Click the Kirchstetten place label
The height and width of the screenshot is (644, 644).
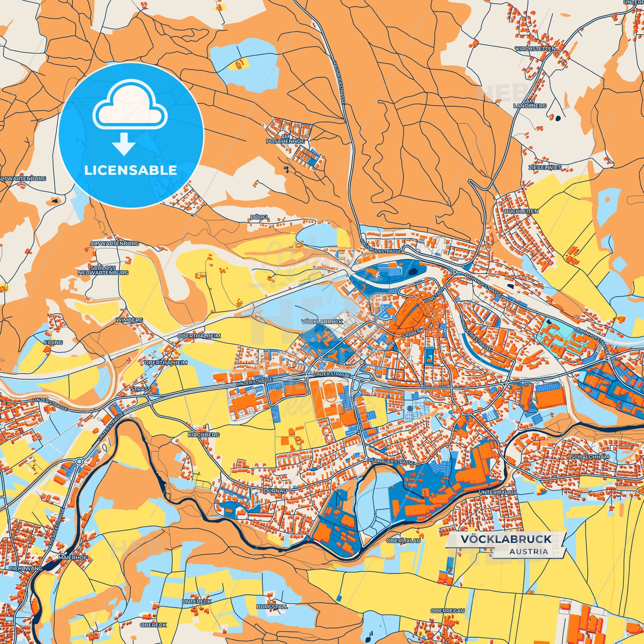(x=536, y=49)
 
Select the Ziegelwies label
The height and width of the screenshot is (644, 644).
(x=545, y=168)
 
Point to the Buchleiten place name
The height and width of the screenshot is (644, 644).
(x=521, y=211)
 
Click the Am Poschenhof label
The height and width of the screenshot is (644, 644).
(x=285, y=139)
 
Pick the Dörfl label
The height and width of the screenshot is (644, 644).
(x=259, y=217)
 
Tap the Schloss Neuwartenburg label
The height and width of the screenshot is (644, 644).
(x=103, y=270)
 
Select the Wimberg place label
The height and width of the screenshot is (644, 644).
(x=129, y=320)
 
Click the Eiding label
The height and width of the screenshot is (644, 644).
(x=53, y=342)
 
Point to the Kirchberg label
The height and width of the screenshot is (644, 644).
(x=204, y=435)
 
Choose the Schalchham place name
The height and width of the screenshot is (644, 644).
(x=590, y=457)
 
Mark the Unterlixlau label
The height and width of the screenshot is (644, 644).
(x=497, y=492)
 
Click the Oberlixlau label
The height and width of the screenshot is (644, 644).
(x=403, y=540)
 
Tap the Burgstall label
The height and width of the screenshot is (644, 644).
(x=272, y=607)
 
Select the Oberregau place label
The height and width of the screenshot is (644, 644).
(x=447, y=611)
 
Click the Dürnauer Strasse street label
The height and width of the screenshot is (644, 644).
(x=391, y=462)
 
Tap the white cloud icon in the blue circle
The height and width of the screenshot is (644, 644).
(x=130, y=105)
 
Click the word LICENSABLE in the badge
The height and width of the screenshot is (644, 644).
(x=131, y=170)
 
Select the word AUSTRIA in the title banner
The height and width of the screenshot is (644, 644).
(x=529, y=551)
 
